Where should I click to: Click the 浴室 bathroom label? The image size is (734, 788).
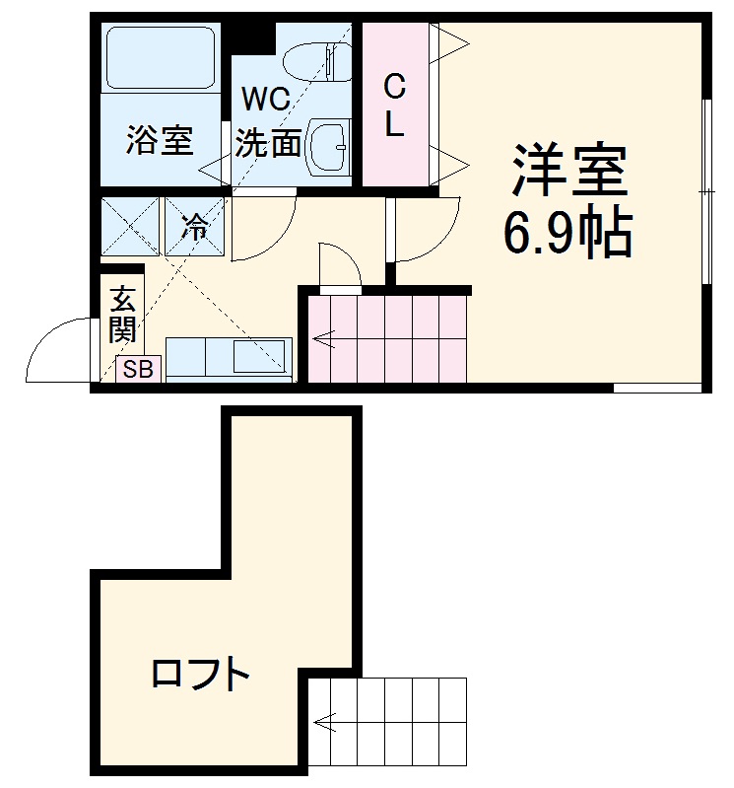pos(159,141)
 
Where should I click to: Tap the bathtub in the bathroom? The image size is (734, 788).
pos(159,58)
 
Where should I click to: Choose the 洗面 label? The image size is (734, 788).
pos(268,144)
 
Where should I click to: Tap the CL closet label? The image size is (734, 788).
pos(394,106)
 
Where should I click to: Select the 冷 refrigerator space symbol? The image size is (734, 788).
pos(195,228)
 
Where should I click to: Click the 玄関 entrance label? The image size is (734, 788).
pos(121,314)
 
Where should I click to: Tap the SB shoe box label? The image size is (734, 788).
pos(137,370)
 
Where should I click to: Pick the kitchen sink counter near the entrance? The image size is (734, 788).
pos(229,359)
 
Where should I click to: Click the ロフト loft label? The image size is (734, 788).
pos(200,676)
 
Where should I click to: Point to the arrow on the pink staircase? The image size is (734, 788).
pos(324,341)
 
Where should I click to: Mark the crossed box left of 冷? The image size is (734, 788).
pos(129,228)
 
